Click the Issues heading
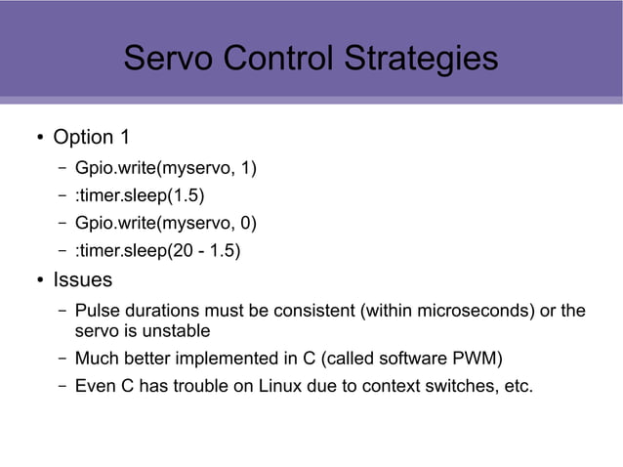pos(82,281)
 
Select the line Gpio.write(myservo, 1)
pos(165,169)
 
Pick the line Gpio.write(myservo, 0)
pos(165,224)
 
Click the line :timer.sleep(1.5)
pos(140,196)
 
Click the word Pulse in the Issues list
pos(96,312)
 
